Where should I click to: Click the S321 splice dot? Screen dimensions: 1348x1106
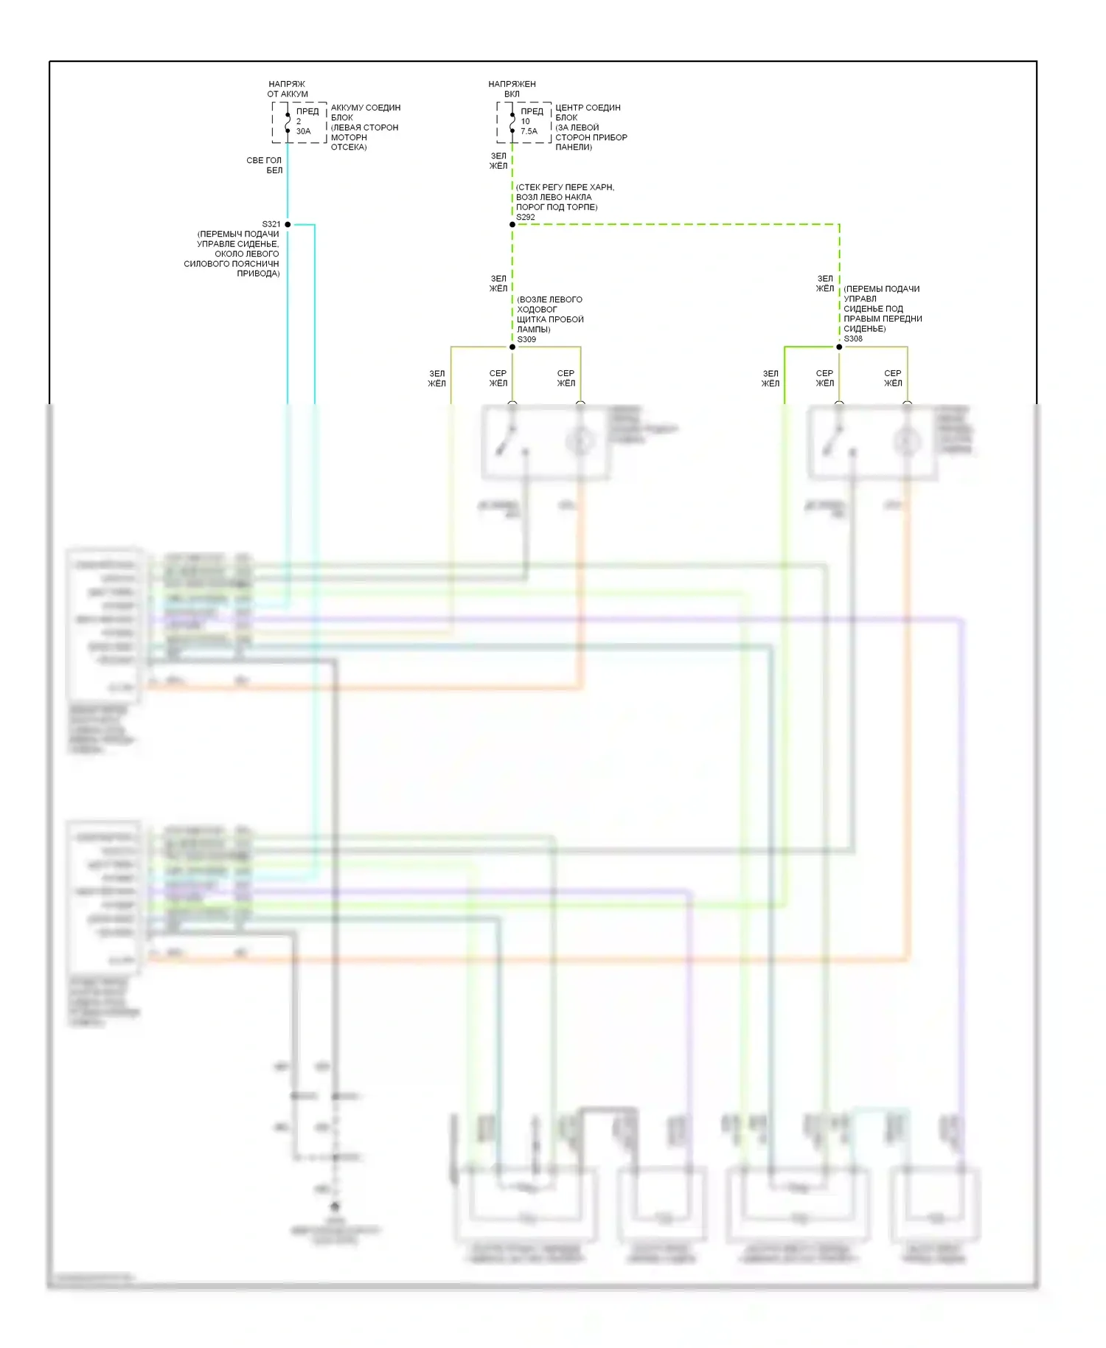[x=288, y=224]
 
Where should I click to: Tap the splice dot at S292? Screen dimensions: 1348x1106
[x=512, y=224]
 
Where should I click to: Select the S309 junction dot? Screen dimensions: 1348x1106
[x=512, y=347]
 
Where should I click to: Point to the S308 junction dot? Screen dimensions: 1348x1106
[x=839, y=347]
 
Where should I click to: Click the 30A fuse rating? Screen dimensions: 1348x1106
[x=304, y=131]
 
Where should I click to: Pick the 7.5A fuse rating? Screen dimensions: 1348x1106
[x=529, y=131]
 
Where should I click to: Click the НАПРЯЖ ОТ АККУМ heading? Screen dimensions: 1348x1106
[x=288, y=89]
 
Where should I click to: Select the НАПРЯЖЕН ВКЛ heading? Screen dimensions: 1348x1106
[x=512, y=89]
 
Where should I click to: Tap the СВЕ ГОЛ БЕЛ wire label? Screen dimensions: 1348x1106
[x=265, y=165]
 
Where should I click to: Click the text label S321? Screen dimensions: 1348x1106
[x=271, y=224]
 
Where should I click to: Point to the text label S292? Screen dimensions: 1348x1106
[x=526, y=217]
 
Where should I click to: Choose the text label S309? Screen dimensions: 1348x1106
[x=526, y=339]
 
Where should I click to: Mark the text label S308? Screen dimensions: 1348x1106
[x=853, y=338]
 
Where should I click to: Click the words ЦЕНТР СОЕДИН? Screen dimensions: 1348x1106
[x=588, y=108]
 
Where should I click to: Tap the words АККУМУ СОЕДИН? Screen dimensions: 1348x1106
[x=366, y=108]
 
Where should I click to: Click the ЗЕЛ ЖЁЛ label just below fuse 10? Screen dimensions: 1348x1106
[x=498, y=161]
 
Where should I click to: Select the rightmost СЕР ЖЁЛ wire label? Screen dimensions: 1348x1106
[x=893, y=378]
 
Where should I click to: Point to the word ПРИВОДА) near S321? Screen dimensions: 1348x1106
[x=258, y=274]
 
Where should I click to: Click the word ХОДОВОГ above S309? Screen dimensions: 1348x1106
[x=537, y=310]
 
